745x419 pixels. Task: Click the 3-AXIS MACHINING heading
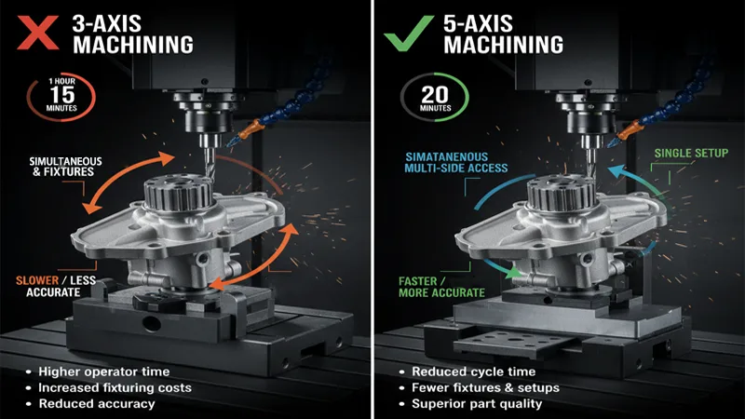[125, 32]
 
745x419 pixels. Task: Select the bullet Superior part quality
[476, 403]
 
